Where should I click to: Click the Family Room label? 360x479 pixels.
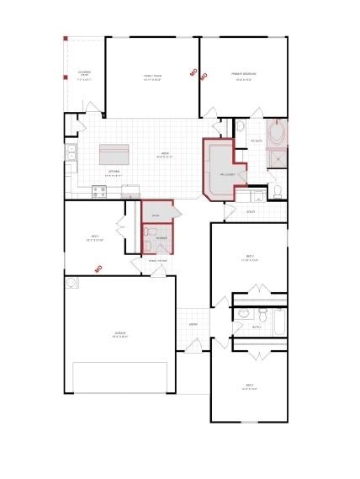point(152,76)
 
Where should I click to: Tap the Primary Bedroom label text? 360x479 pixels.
point(245,75)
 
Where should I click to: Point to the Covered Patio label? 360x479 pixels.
point(84,73)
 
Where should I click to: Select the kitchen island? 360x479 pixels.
point(114,155)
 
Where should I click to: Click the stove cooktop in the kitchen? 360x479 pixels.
point(98,191)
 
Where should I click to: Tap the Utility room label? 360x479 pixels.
point(251,211)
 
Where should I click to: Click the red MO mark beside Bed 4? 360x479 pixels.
point(98,269)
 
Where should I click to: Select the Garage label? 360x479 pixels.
point(119,333)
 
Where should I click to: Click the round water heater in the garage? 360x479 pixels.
point(73,283)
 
